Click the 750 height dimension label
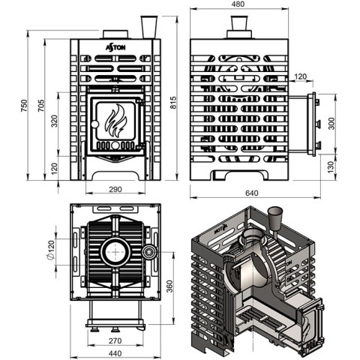click(24, 105)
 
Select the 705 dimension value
click(41, 105)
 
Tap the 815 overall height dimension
click(173, 102)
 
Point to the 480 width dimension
click(238, 4)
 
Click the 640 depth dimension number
click(251, 193)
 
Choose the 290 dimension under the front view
click(115, 189)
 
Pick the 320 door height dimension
click(54, 121)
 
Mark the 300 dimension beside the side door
click(331, 123)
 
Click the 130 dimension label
click(331, 167)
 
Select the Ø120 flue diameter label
click(51, 250)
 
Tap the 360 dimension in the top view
click(169, 286)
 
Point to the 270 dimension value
click(115, 340)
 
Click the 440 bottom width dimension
click(115, 353)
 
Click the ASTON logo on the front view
click(115, 47)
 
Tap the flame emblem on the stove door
click(115, 121)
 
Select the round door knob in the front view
click(94, 124)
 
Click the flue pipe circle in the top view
click(115, 252)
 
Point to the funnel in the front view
click(149, 27)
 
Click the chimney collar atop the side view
click(239, 28)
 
